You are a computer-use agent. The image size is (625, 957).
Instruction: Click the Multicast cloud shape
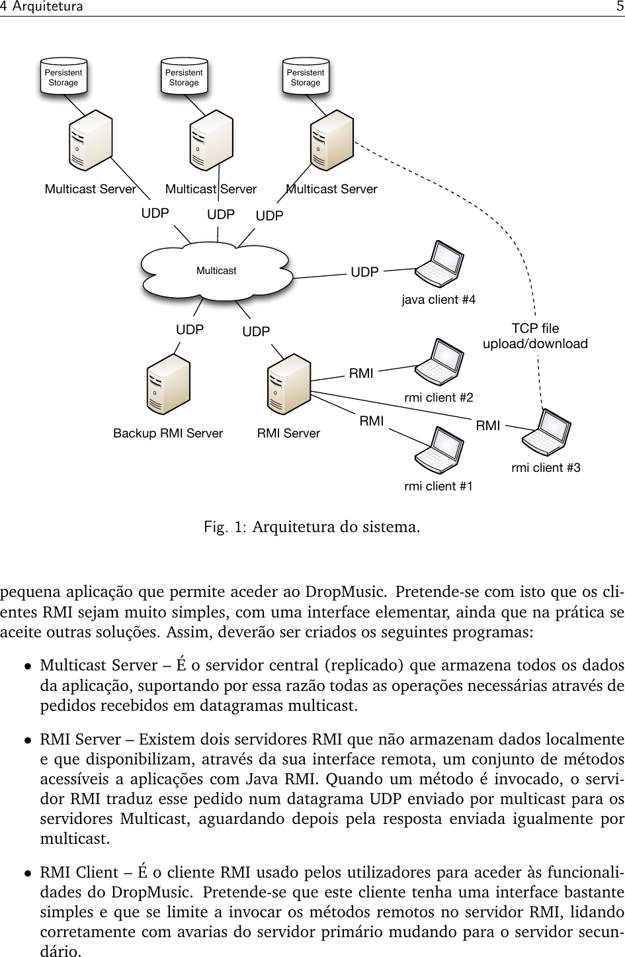tap(216, 271)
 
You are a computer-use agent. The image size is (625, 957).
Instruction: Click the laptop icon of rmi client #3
tap(547, 433)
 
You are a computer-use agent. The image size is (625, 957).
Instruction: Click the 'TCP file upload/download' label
tap(535, 336)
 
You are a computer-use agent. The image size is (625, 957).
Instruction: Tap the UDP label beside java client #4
tap(364, 272)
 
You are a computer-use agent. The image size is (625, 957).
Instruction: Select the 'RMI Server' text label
tap(288, 433)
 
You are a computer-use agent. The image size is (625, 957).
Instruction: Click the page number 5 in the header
tap(618, 7)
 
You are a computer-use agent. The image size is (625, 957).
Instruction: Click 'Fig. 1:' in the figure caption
tap(226, 528)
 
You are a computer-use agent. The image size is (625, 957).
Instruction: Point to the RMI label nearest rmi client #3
tap(488, 426)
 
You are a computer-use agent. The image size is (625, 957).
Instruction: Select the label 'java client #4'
tap(438, 300)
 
